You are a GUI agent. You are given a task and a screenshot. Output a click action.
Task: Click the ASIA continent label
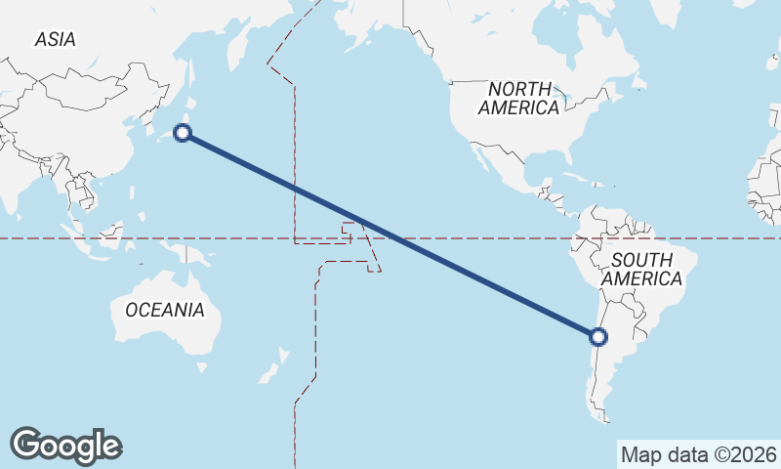[x=55, y=39]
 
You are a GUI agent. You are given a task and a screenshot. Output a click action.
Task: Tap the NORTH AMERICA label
[x=518, y=98]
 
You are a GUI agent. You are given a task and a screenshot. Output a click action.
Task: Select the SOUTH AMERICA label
[x=641, y=269]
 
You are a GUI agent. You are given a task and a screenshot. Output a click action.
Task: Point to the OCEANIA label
[x=165, y=310]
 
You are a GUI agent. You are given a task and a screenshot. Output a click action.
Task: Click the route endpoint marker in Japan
[x=182, y=133]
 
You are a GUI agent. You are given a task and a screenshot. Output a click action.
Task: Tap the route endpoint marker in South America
[x=598, y=337]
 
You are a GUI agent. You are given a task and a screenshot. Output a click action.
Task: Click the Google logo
[x=65, y=446]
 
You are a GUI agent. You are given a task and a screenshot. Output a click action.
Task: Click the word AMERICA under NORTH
[x=518, y=107]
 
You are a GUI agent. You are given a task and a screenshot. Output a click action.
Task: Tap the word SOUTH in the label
[x=641, y=260]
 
